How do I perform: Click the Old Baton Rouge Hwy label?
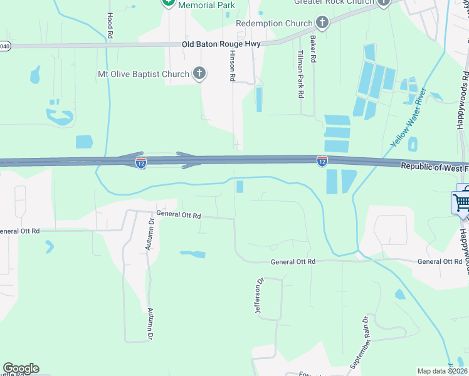point(221,44)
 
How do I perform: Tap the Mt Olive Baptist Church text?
point(143,74)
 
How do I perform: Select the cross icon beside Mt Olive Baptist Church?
point(199,74)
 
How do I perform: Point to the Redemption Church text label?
point(274,24)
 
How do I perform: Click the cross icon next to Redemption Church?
point(322,24)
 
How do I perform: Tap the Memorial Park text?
point(206,5)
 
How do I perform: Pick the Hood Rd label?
point(109,26)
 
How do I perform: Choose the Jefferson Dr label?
point(258,297)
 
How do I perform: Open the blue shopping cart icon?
point(461,202)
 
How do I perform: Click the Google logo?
point(21,368)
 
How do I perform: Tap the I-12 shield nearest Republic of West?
point(322,161)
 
